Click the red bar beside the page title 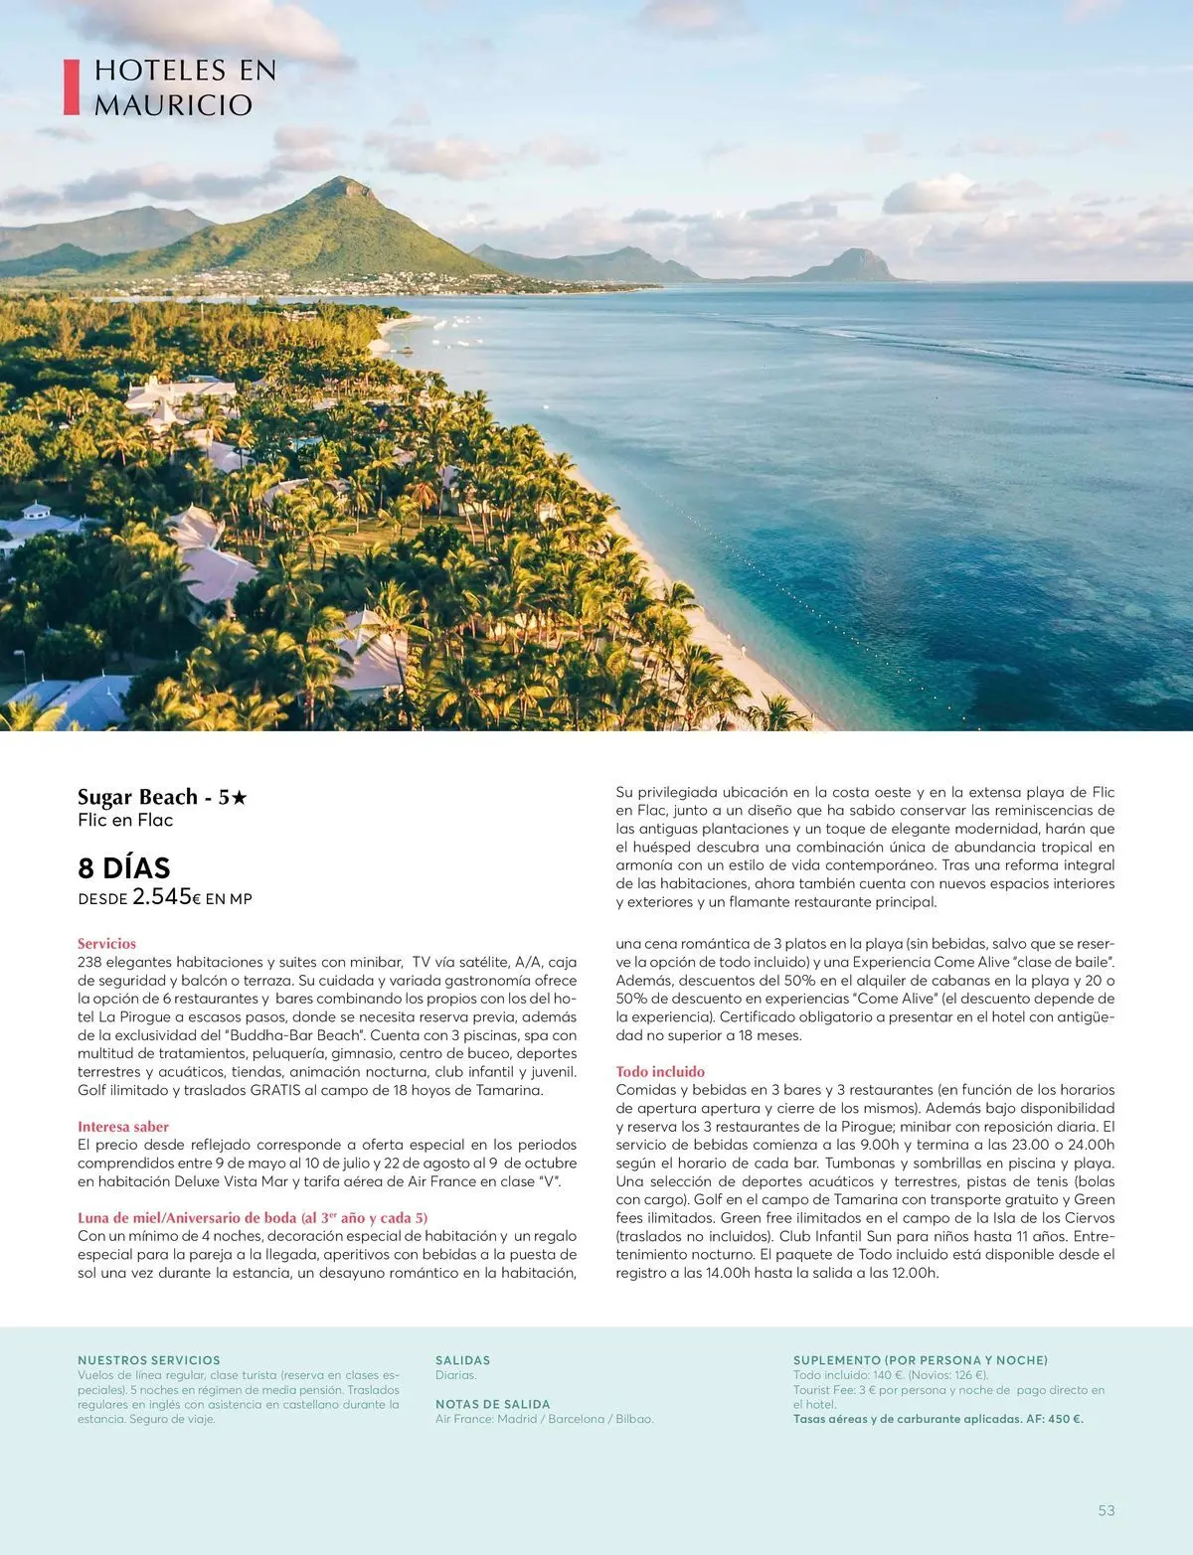(x=71, y=86)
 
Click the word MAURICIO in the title (x=173, y=105)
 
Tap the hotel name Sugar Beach (x=138, y=797)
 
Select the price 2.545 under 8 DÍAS (x=162, y=896)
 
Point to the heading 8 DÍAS (x=124, y=867)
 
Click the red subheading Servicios (x=106, y=943)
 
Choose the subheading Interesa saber (x=123, y=1127)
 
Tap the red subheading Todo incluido (x=660, y=1071)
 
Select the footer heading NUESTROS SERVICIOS (x=149, y=1360)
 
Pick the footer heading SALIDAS (x=462, y=1360)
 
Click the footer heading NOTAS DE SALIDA (x=492, y=1404)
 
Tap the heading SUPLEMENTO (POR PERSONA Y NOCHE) (x=920, y=1360)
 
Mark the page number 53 (x=1107, y=1510)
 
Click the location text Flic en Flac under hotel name (x=125, y=820)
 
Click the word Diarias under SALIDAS (x=455, y=1375)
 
